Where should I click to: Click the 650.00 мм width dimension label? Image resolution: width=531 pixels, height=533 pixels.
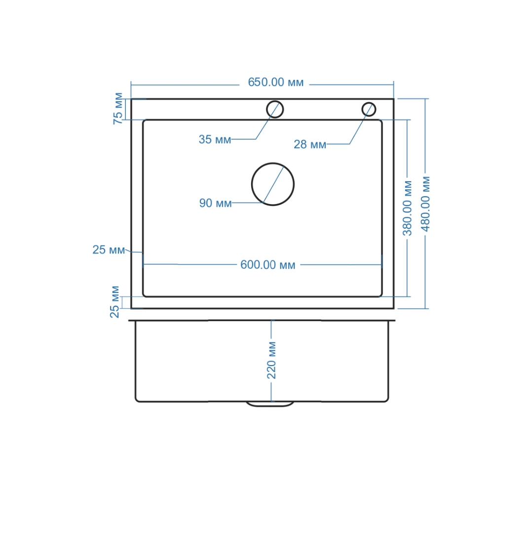tap(275, 82)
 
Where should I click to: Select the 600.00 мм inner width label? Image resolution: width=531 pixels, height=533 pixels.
tap(267, 265)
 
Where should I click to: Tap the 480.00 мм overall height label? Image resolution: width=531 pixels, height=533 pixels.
tap(425, 204)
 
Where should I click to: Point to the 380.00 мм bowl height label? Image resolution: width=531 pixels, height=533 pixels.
tap(407, 208)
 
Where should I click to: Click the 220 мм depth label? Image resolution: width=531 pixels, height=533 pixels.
tap(271, 360)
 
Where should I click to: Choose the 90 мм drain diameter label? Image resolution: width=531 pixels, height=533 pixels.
tap(215, 204)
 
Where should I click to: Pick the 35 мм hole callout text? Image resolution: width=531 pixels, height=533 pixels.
tap(215, 139)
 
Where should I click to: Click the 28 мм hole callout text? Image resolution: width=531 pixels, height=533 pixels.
tap(309, 144)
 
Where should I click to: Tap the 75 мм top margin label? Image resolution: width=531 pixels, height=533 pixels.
tap(118, 108)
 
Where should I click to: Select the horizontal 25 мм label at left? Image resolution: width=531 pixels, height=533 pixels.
tap(109, 250)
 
